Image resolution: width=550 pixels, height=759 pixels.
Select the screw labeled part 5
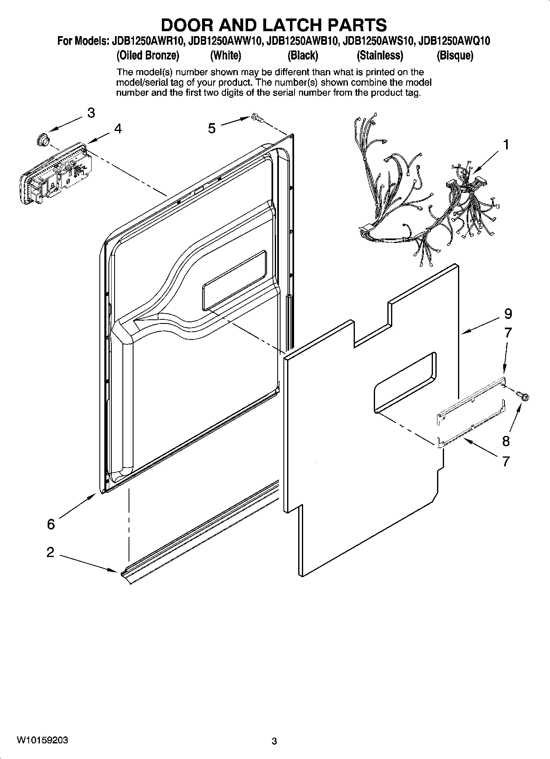click(257, 118)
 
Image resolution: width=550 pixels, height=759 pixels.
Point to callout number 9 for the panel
click(508, 314)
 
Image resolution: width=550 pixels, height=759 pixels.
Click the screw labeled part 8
click(524, 396)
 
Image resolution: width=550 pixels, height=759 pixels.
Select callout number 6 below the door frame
click(51, 524)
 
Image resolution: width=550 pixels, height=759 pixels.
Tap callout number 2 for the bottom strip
click(50, 552)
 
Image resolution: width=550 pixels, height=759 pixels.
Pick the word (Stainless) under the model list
click(380, 55)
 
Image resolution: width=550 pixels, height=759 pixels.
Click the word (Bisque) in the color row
click(455, 55)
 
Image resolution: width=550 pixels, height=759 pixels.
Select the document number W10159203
click(42, 740)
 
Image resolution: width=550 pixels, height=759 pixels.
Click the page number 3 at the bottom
click(274, 741)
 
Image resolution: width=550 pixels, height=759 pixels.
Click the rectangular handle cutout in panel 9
click(405, 381)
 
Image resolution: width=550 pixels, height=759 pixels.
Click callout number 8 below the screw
click(506, 441)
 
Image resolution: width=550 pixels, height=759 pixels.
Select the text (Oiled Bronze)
click(148, 55)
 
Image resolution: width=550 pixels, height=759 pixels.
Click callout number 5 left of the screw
click(212, 128)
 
